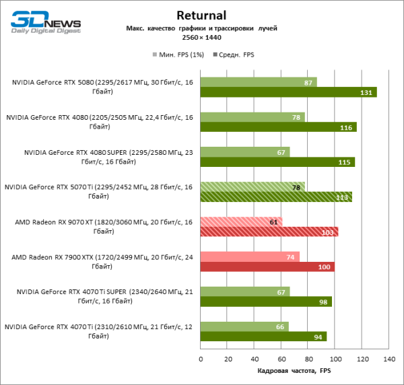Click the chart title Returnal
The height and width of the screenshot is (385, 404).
point(201,14)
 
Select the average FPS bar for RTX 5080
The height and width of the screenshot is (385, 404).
point(288,92)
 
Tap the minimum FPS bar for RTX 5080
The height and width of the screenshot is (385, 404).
point(258,82)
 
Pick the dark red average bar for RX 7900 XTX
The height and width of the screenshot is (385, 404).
point(267,267)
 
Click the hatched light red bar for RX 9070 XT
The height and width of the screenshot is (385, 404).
point(241,221)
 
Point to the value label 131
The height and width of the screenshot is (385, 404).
point(367,92)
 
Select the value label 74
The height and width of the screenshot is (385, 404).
point(290,256)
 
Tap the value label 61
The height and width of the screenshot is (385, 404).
point(273,221)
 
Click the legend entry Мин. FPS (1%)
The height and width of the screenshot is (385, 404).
point(180,54)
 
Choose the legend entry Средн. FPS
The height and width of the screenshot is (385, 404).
point(235,54)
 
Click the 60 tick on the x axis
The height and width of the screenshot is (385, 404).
point(281,359)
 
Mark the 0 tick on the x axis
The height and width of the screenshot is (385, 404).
point(201,359)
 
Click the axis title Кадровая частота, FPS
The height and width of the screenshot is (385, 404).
point(294,371)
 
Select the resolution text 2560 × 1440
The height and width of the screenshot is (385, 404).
point(201,38)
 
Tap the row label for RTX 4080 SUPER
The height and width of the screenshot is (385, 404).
point(99,157)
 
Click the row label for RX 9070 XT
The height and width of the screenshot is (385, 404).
point(99,226)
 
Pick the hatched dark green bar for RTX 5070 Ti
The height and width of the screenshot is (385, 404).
point(276,197)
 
